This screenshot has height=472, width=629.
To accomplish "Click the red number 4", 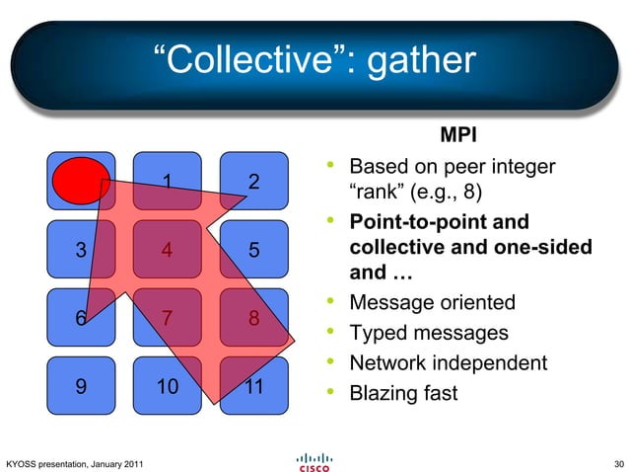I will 168,250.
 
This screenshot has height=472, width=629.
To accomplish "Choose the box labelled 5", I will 254,250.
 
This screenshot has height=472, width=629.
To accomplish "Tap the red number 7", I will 168,319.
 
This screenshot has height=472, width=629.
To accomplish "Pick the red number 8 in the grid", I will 254,319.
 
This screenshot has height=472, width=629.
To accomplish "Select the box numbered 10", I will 168,387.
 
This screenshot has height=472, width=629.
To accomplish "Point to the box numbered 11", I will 254,387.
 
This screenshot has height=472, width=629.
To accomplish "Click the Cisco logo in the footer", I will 314,461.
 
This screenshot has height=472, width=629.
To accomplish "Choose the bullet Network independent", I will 449,363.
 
